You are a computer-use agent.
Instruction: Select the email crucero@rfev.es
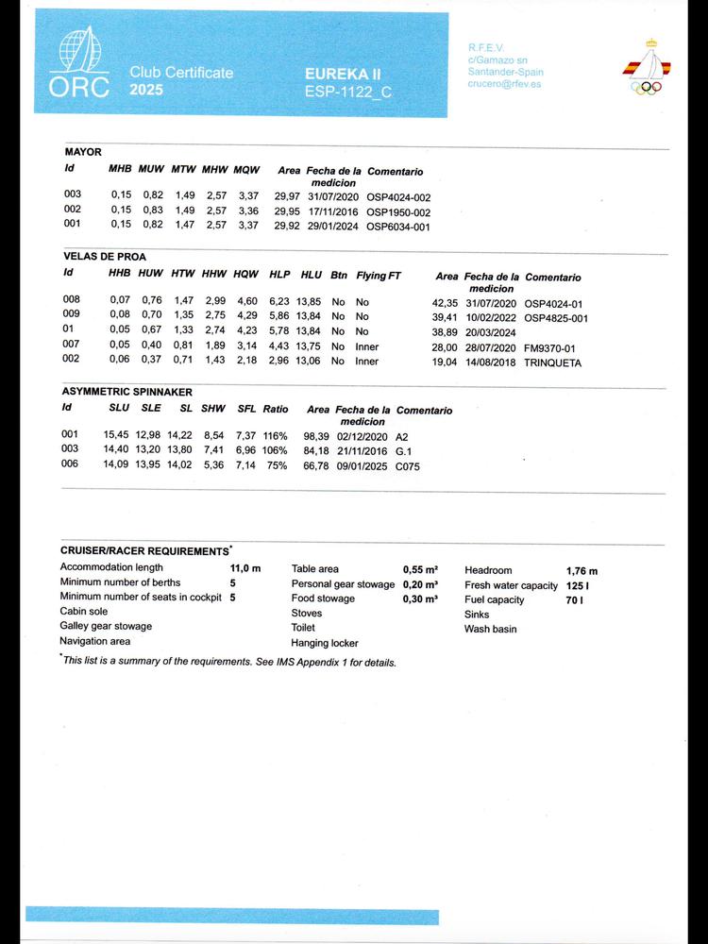(505, 84)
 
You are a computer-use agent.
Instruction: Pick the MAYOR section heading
(83, 152)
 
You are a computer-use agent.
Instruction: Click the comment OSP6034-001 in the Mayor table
(397, 226)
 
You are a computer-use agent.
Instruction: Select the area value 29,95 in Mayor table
(287, 211)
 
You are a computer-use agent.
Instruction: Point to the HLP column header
(279, 275)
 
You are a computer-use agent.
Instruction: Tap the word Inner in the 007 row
(367, 346)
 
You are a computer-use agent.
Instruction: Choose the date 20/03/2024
(489, 332)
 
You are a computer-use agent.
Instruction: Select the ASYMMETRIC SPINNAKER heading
(126, 391)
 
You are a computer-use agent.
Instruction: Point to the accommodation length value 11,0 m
(245, 568)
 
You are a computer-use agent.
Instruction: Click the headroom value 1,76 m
(582, 571)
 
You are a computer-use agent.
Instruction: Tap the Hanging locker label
(325, 643)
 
